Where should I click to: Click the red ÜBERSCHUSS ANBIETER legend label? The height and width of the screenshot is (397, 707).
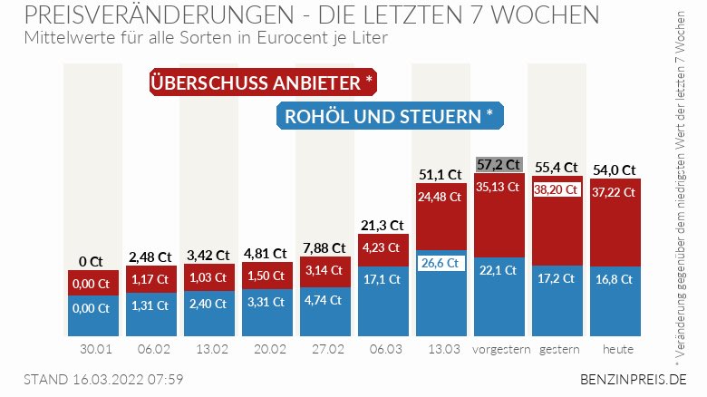click(262, 82)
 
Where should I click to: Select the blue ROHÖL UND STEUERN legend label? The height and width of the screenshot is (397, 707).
click(389, 116)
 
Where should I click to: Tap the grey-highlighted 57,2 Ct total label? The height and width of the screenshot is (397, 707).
click(499, 164)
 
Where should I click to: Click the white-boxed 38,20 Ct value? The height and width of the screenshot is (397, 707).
click(557, 190)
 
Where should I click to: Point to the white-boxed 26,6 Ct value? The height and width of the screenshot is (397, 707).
click(441, 263)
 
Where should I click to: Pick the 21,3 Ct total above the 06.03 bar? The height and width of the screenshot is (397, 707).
click(382, 225)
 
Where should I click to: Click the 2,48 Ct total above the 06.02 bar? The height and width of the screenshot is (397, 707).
click(149, 257)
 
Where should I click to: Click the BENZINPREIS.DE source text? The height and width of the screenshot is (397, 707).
click(632, 379)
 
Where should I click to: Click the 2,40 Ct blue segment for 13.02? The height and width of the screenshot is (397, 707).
click(208, 305)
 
